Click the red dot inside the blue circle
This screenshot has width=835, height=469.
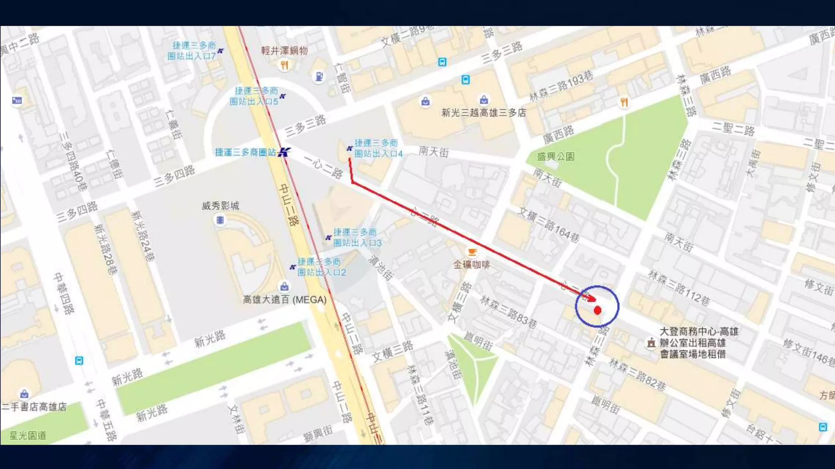pos(597,311)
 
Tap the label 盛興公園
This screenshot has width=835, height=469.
pos(556,157)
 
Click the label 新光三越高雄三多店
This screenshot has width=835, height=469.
pos(484,113)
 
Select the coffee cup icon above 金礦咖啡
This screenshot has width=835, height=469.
pos(472,252)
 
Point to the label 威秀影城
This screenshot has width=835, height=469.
pos(220,206)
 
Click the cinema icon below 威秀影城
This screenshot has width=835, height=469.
pos(220,220)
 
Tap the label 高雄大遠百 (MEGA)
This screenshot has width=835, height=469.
pos(285,300)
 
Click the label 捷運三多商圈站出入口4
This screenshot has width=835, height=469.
pos(378,148)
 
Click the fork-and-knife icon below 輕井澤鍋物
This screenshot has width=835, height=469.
pos(284,65)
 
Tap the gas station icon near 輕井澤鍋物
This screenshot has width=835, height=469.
pos(319,76)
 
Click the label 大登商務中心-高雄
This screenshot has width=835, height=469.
pos(698,331)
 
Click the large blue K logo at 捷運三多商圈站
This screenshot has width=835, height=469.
pos(284,152)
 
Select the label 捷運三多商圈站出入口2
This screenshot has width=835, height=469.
pos(321,267)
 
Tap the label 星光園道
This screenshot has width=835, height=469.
pos(28,436)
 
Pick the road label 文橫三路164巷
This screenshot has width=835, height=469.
pos(548,225)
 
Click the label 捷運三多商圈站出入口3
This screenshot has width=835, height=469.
pos(357,238)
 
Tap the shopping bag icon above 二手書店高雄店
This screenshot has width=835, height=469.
pos(24,394)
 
